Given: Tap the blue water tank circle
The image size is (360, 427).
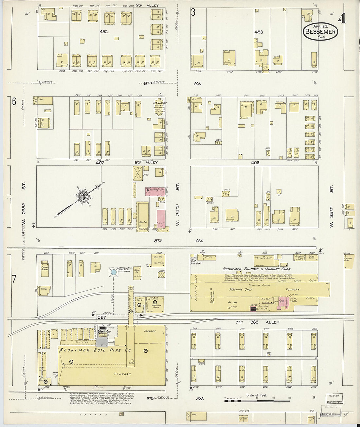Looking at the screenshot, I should (x=114, y=272).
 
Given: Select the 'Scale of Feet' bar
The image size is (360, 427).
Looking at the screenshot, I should (x=257, y=400).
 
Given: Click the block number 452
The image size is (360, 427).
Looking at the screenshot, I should (x=104, y=32).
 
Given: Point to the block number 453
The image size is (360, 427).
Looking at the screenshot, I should (x=258, y=32).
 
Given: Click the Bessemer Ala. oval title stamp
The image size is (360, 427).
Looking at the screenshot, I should (x=320, y=32).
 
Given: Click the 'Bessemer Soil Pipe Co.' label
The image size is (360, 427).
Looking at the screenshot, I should (x=96, y=350).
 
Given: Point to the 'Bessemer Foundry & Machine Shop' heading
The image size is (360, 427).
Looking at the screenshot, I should (x=257, y=269).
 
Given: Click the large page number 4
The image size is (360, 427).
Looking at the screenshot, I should (x=342, y=19).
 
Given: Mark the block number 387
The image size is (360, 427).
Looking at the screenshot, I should (x=101, y=317).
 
